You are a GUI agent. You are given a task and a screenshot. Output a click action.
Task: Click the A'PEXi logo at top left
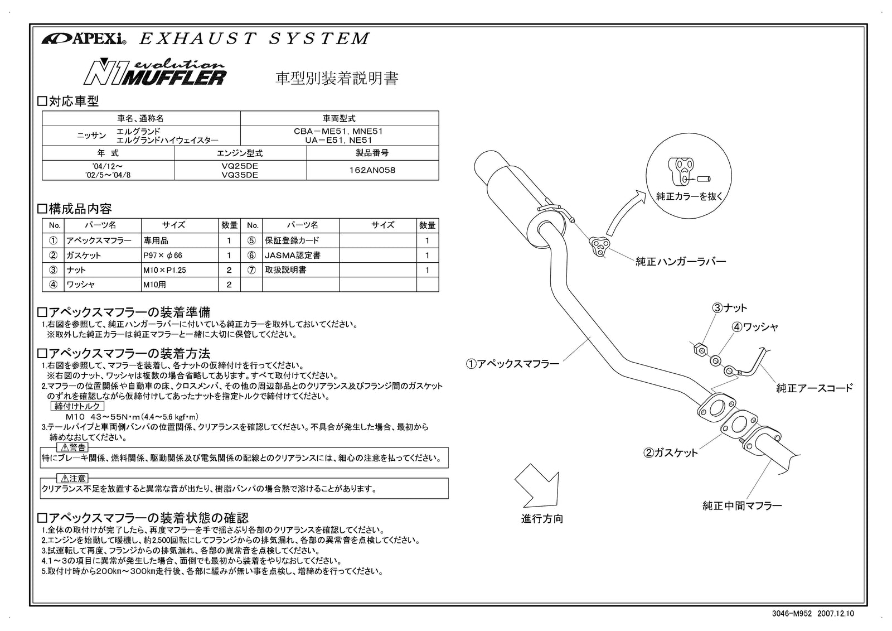pos(84,39)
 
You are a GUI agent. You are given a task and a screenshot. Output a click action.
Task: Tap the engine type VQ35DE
pos(240,175)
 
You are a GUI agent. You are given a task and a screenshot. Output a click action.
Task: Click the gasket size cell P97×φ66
pos(162,255)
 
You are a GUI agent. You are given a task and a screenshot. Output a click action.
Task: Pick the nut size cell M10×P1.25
pos(164,269)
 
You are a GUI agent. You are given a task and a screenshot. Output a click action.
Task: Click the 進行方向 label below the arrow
pos(542,518)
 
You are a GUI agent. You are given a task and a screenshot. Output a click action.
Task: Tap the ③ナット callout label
pos(729,308)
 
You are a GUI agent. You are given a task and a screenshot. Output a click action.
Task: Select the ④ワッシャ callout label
pos(755,327)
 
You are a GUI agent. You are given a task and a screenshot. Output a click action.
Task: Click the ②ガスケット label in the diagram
pos(671,452)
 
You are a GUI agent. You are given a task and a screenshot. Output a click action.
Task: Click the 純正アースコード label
pos(815,388)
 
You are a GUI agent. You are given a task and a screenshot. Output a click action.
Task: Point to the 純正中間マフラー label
pos(742,505)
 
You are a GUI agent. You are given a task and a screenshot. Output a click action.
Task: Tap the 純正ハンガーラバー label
pos(681,261)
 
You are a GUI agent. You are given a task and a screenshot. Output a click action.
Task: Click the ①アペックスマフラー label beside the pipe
pos(512,364)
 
